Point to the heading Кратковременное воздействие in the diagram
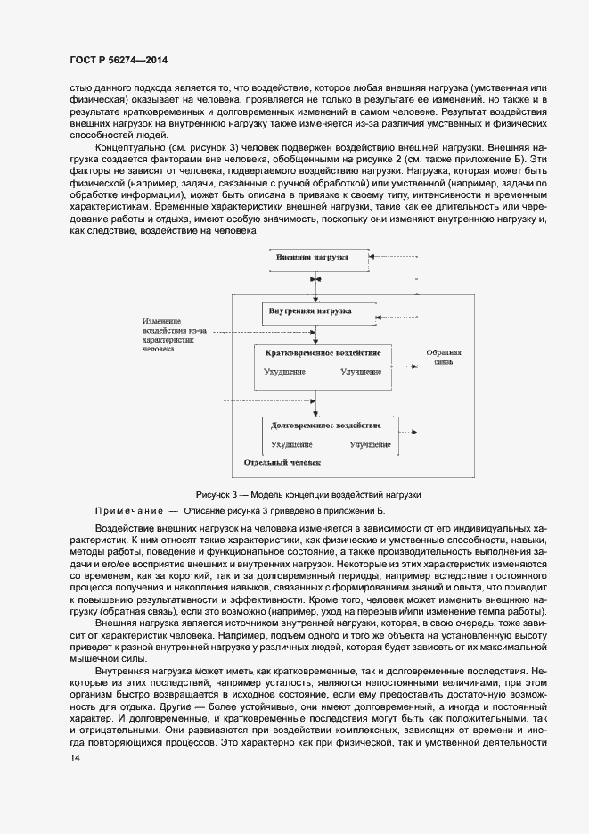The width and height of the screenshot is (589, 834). (323, 353)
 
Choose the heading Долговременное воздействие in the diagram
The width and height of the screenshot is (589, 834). (326, 425)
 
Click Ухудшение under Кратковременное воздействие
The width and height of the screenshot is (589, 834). (284, 372)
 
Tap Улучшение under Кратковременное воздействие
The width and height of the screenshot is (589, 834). (360, 372)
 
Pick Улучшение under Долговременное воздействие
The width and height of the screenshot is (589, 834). (370, 443)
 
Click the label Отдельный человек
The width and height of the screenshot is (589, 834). (282, 463)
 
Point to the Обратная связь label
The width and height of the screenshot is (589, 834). (443, 358)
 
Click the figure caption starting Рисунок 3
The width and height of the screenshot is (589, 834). (307, 494)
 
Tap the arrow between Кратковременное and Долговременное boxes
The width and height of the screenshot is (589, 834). (317, 403)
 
